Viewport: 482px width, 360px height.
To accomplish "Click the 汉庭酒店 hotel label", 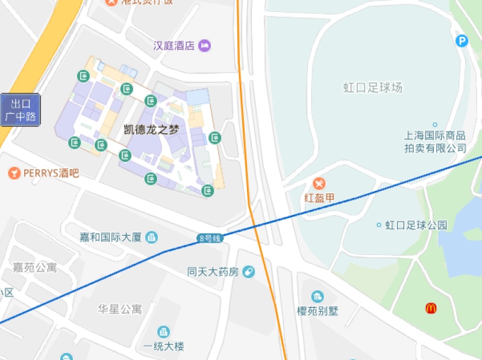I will point(174,45).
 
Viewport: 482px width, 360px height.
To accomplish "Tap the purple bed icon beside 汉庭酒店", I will point(204,45).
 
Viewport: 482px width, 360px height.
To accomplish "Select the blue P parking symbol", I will point(462,41).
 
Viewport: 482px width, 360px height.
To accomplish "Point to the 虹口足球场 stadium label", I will point(373,88).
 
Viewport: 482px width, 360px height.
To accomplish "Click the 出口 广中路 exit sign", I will point(20,110).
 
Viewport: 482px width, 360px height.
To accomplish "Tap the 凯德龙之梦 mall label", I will point(151,129).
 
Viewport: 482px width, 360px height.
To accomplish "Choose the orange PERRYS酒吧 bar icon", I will point(13,173).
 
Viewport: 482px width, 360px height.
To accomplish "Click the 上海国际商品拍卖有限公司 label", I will point(435,141).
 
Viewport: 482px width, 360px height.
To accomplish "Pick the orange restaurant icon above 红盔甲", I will point(320,183).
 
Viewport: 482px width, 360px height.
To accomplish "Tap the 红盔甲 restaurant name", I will point(319,197).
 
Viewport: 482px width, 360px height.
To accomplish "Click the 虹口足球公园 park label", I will point(416,225).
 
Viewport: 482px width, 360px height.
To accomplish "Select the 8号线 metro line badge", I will point(210,238).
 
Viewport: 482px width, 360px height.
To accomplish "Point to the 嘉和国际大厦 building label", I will point(111,237).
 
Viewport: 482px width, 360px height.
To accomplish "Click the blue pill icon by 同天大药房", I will point(248,272).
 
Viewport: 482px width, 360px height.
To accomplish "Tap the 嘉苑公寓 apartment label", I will point(35,267).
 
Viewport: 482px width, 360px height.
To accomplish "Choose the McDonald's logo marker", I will point(431,309).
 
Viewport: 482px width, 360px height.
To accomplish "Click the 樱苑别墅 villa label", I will point(318,311).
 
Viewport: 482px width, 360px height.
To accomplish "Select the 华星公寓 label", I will point(120,309).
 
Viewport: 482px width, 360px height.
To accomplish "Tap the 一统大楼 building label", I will point(163,346).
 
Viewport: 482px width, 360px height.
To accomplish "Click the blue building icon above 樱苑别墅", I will point(318,296).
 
